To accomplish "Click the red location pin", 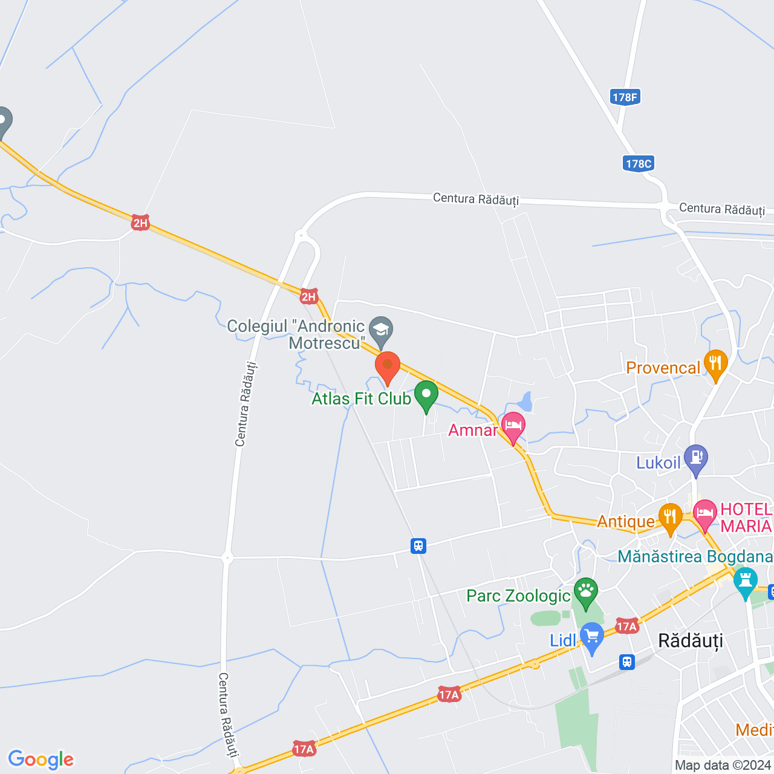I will point(388,366).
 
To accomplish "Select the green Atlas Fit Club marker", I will point(426,395).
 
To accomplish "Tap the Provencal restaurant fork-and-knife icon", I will point(715,363).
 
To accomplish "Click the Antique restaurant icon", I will point(670,517).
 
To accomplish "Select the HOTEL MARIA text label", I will point(746,518).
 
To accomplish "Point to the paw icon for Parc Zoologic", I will point(586,591).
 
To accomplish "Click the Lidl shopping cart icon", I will point(592,636).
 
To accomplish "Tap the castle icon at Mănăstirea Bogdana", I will point(745,581).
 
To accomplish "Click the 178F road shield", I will point(625,97).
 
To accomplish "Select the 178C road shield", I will point(639,163).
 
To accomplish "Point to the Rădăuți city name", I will point(690,641).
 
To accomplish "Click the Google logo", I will point(41,759).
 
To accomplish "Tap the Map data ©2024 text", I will point(723,766).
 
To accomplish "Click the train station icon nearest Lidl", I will point(627,662).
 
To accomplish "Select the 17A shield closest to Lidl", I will point(626,626).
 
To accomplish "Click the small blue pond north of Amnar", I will point(525,402).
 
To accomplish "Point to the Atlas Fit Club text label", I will point(361,399).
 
